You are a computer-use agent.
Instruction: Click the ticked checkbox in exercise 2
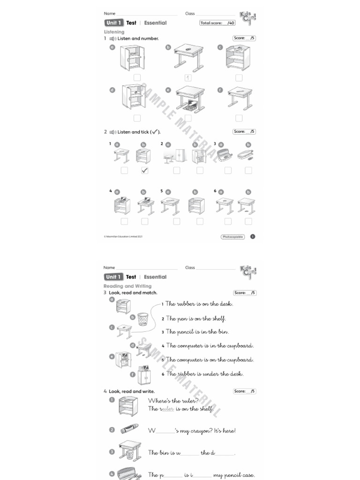pos(144,171)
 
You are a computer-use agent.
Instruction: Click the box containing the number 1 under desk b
pos(187,78)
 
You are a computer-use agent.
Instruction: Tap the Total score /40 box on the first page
pos(217,22)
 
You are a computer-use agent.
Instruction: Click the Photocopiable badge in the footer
pos(232,237)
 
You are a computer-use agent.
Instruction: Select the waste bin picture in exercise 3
pos(142,319)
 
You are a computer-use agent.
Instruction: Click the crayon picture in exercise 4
pos(129,429)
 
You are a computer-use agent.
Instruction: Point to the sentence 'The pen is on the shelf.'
pos(194,319)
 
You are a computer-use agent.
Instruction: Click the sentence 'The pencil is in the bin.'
pos(195,332)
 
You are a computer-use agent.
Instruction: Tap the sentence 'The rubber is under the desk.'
pos(202,374)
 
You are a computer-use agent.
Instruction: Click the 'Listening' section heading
pos(114,32)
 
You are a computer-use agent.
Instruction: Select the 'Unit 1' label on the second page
pos(113,277)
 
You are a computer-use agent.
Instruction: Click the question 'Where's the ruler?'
pos(173,400)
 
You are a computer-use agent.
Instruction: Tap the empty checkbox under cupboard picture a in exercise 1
pos(137,78)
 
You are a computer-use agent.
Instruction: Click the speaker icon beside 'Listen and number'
pos(112,38)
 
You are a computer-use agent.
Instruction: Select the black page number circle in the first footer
pos(253,237)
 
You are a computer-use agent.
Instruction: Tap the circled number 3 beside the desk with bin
pos(112,452)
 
